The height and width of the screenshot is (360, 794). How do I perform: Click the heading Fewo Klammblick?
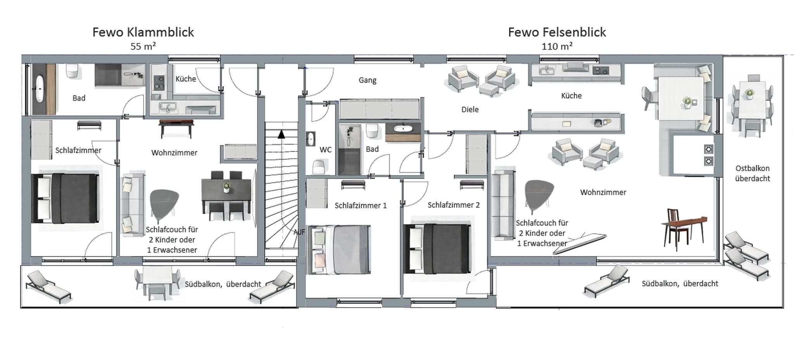click(x=143, y=32)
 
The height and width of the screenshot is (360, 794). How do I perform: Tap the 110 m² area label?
click(x=557, y=47)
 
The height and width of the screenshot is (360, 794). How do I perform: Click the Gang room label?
click(x=368, y=80)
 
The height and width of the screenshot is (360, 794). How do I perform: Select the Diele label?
click(x=470, y=109)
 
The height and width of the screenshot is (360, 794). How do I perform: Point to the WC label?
click(x=325, y=150)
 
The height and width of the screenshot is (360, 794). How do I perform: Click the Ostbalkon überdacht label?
click(x=753, y=173)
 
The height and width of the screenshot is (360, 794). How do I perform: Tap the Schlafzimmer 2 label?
click(x=454, y=205)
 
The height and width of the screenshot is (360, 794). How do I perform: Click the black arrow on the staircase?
click(x=281, y=134)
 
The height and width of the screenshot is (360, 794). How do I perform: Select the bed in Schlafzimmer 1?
click(x=338, y=249)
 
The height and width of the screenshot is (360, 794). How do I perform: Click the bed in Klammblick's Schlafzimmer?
click(x=65, y=198)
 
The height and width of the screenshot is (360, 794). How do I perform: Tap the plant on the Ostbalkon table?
click(x=749, y=93)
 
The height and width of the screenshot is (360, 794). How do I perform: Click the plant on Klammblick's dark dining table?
click(x=226, y=187)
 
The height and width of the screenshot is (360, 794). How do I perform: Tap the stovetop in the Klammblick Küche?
click(x=159, y=82)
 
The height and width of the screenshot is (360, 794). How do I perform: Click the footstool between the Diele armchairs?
click(x=488, y=90)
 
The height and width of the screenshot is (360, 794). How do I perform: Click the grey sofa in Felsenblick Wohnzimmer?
click(x=503, y=204)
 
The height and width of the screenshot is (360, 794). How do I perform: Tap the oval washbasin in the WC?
click(x=311, y=139)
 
